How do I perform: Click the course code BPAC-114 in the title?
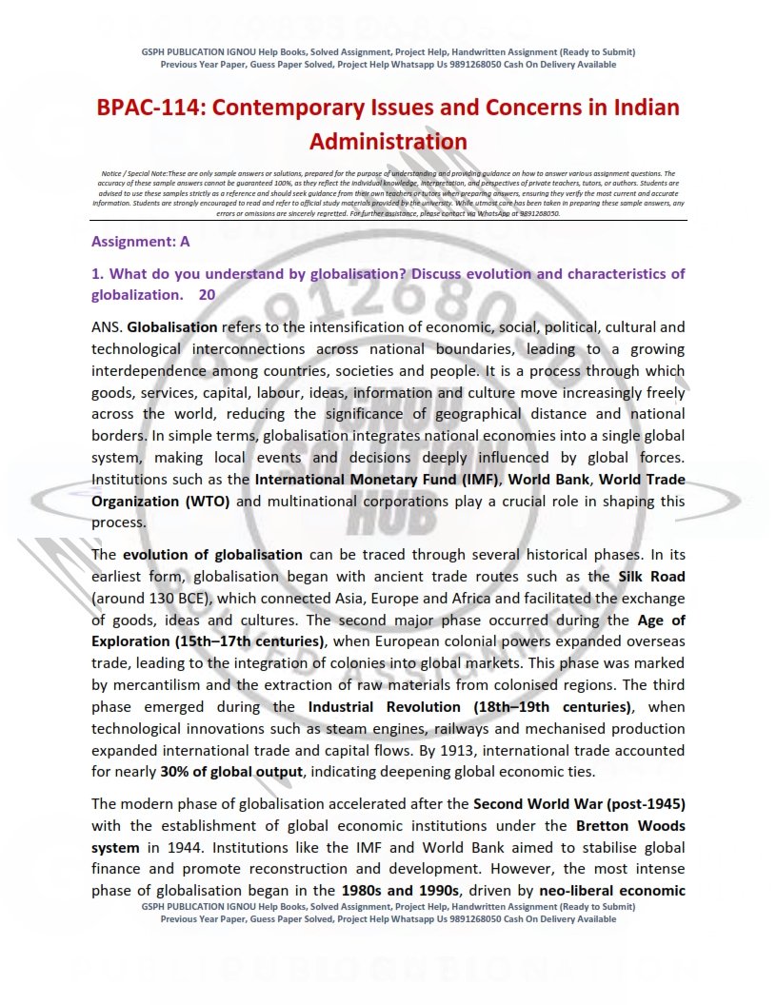pyautogui.click(x=151, y=107)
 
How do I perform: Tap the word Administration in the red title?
pyautogui.click(x=388, y=142)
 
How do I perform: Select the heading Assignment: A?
pyautogui.click(x=141, y=242)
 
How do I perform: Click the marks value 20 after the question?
pyautogui.click(x=207, y=295)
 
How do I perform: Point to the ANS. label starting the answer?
pyautogui.click(x=108, y=326)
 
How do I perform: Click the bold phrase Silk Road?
pyautogui.click(x=651, y=577)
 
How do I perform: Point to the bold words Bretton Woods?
pyautogui.click(x=630, y=825)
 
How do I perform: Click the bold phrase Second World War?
pyautogui.click(x=534, y=803)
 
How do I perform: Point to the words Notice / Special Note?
pyautogui.click(x=133, y=174)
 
